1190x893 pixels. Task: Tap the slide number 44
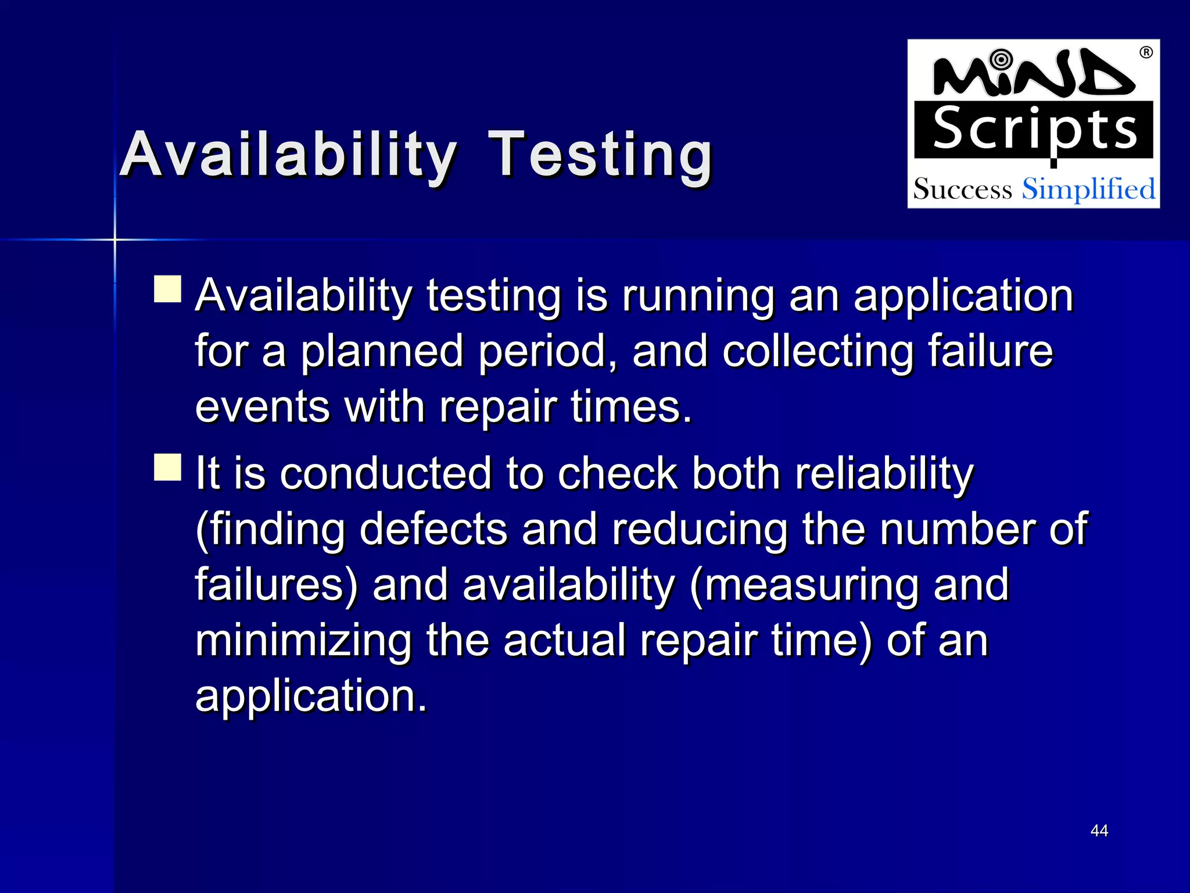tap(1099, 830)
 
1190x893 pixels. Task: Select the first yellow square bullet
tap(168, 289)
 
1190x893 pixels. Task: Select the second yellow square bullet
tap(168, 467)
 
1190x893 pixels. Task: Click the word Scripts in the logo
tap(1034, 130)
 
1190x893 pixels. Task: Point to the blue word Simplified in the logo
tap(1088, 190)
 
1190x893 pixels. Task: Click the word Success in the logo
tap(962, 190)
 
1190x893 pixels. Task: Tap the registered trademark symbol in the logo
tap(1146, 53)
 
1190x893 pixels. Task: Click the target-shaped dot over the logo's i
tap(1001, 59)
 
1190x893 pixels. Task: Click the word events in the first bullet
tap(262, 407)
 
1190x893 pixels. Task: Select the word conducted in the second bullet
tap(386, 474)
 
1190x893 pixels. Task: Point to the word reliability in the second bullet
tap(884, 474)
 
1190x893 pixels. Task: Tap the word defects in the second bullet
tap(433, 530)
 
